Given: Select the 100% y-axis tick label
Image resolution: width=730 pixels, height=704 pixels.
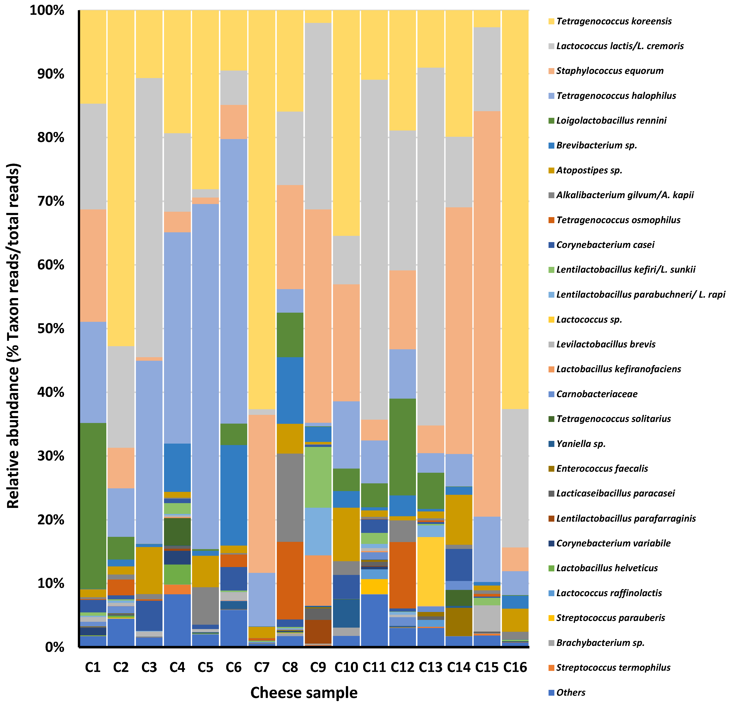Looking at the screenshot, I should pos(47,10).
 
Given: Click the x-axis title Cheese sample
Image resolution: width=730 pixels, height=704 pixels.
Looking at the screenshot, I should pos(304,693).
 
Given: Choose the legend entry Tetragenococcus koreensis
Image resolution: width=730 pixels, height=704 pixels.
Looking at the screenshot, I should pos(614,21).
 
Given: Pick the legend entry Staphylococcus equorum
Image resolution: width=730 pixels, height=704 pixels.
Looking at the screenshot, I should pos(610,71).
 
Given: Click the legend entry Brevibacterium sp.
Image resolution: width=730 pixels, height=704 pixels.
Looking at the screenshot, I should pos(596,145).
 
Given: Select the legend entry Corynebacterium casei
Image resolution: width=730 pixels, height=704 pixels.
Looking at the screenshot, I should pos(605,245).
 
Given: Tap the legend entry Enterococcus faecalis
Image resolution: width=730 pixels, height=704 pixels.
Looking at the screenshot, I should pos(602,469).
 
